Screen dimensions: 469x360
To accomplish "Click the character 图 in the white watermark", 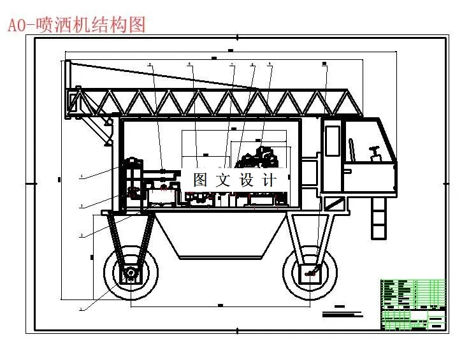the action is [200, 180].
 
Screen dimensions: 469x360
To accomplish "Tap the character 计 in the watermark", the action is [266, 180].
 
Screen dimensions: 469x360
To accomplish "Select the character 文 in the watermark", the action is [222, 180].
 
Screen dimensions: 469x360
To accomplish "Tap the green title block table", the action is [412, 304].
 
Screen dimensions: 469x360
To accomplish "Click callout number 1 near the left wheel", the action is [81, 309].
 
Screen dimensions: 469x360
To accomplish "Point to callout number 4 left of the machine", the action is [82, 176].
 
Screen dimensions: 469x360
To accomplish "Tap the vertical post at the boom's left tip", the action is [67, 89].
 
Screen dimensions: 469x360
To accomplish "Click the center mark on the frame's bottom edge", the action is [238, 331].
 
